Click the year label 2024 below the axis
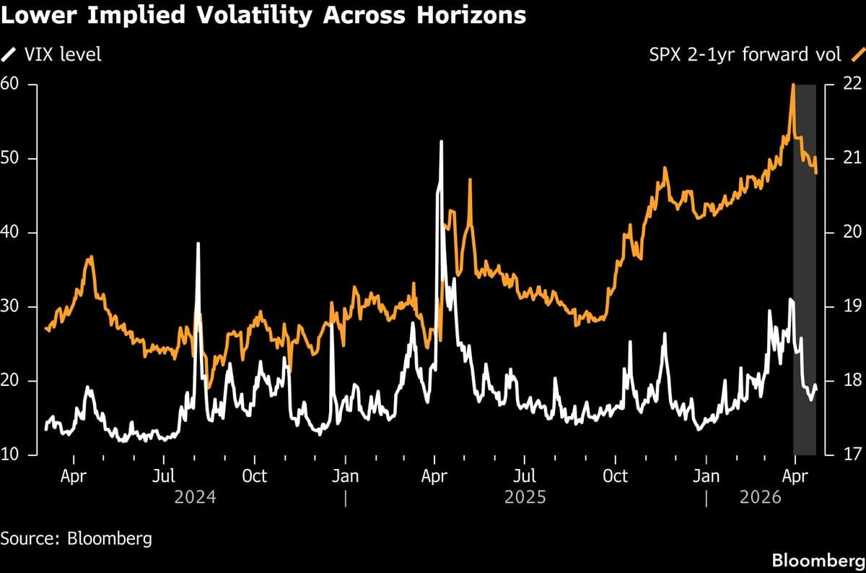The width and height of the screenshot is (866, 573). coord(196,498)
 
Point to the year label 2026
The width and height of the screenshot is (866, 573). coord(761,498)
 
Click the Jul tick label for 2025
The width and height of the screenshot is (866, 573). coord(525,477)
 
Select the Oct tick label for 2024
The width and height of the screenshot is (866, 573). coord(254,477)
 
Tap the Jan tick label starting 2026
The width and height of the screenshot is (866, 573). coord(706,477)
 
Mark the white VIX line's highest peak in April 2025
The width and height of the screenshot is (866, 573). coord(441,142)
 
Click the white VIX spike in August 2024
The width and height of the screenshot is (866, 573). coord(198,244)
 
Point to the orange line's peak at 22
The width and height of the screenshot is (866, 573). coord(793,85)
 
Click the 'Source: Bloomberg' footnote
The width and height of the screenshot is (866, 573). coord(76,539)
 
